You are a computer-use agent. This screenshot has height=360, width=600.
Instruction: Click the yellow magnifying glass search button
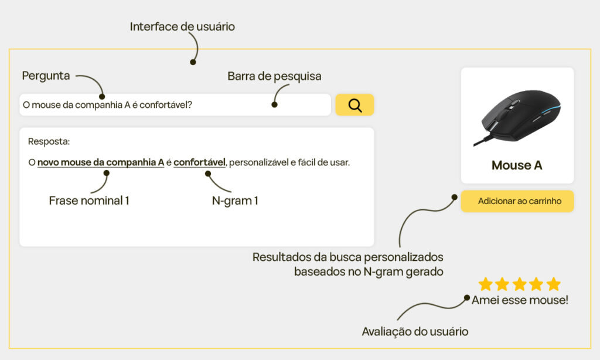coord(354,105)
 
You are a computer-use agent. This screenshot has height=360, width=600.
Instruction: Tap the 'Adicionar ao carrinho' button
coord(517,201)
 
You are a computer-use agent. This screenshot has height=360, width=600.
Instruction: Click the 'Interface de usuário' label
coord(182,26)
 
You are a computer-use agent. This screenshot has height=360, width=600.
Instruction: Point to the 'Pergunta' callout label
coord(46,76)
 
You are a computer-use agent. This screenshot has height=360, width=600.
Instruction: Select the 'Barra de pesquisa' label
coord(274,76)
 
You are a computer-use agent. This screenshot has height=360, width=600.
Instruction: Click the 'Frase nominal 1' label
coord(89,201)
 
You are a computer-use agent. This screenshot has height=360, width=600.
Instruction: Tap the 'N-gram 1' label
coord(235,201)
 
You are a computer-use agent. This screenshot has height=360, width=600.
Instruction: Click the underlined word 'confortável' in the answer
coord(199,162)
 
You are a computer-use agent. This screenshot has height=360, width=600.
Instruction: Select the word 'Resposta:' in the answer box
coord(49,141)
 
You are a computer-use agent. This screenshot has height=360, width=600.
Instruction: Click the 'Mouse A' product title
coord(517,165)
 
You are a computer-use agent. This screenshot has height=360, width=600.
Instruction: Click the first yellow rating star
coord(485,284)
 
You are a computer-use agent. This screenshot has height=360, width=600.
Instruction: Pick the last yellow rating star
coord(553,284)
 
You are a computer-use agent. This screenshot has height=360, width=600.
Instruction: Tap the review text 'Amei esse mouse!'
coord(520,300)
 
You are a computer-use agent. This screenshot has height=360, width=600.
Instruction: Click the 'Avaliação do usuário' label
coord(415,331)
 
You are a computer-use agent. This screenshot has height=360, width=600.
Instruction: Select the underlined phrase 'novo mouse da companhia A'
coord(101,162)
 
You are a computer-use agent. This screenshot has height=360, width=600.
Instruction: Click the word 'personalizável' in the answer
coord(258,162)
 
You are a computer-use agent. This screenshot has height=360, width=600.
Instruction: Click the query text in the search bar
coord(107,105)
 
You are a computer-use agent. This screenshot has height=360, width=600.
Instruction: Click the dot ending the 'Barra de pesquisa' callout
coord(274,106)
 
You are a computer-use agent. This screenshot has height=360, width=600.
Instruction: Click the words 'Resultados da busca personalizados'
coord(347,257)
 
